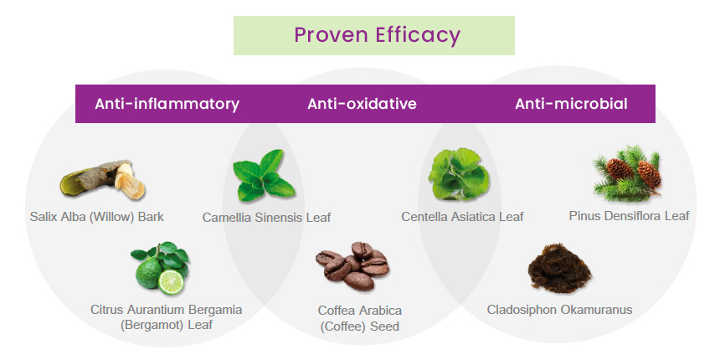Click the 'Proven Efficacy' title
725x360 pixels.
click(x=378, y=35)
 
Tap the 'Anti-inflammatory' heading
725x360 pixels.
click(x=167, y=104)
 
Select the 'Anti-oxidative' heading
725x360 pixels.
click(x=362, y=104)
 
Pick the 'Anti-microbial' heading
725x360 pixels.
click(x=572, y=104)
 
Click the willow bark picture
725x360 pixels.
click(x=103, y=179)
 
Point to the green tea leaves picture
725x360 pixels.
click(x=264, y=175)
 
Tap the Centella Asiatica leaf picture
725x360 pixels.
click(x=459, y=174)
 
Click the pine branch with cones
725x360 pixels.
click(x=627, y=172)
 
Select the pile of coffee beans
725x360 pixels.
click(x=352, y=265)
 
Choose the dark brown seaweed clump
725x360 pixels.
click(x=560, y=268)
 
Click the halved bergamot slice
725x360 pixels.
click(x=171, y=282)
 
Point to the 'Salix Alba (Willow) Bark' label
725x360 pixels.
click(x=96, y=217)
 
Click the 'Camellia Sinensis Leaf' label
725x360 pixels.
click(x=267, y=217)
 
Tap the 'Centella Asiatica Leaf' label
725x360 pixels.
click(x=462, y=216)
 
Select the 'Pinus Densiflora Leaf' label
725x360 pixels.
click(x=630, y=215)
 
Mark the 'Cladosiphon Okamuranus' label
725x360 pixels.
click(x=559, y=309)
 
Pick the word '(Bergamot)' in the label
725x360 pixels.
click(x=152, y=325)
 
